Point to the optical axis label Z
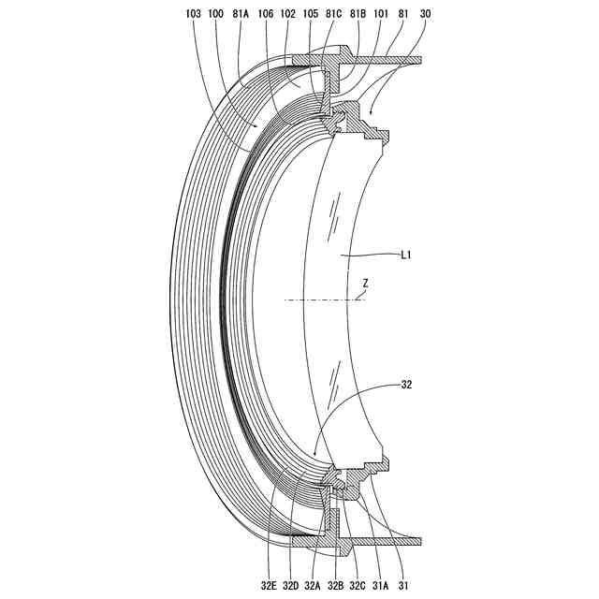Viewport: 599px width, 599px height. [x=365, y=283]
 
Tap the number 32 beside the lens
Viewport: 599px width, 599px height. [x=405, y=385]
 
